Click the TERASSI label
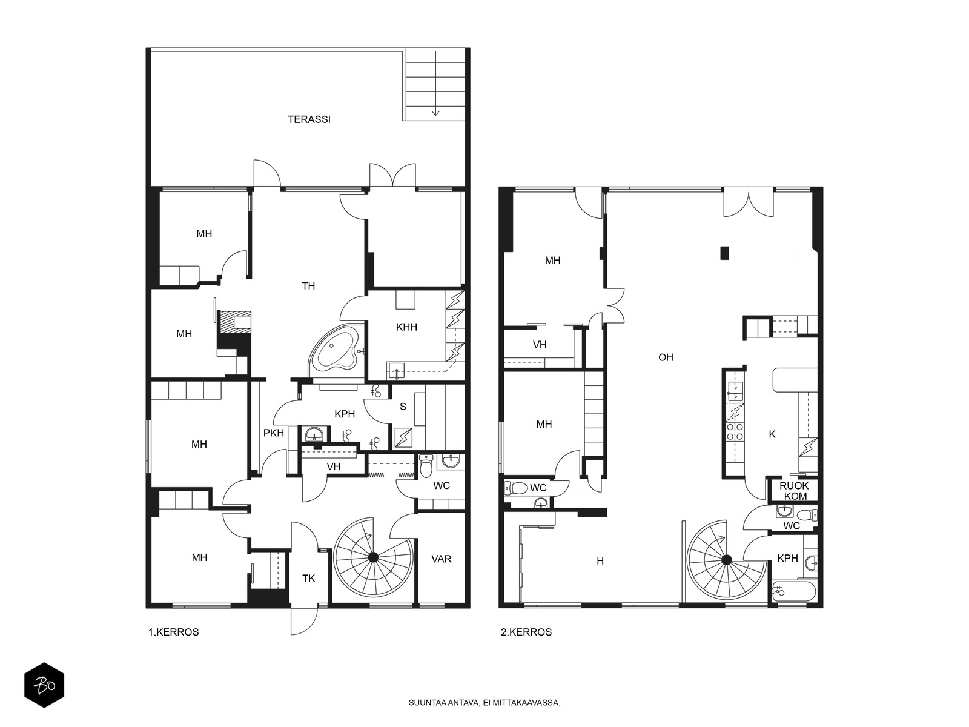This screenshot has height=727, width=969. (309, 119)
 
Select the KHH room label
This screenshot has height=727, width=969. (406, 327)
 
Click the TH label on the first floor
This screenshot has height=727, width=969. (309, 286)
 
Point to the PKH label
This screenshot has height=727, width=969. (274, 433)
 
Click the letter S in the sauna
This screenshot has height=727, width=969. (403, 407)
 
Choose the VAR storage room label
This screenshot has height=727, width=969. (442, 559)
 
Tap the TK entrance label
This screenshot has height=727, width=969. (309, 578)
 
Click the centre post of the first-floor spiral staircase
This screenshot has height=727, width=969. (373, 557)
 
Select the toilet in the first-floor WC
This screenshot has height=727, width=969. (426, 466)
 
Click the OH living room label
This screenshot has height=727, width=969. (666, 357)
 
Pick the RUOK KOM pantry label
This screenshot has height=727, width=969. (794, 491)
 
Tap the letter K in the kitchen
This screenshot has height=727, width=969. (772, 434)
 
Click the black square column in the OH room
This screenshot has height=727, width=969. (724, 253)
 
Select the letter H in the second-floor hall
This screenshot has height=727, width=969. (600, 561)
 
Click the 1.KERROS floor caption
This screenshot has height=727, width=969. (173, 632)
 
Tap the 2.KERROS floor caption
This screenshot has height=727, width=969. (526, 632)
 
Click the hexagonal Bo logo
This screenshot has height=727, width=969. (44, 685)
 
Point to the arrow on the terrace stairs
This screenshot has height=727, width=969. (435, 84)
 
